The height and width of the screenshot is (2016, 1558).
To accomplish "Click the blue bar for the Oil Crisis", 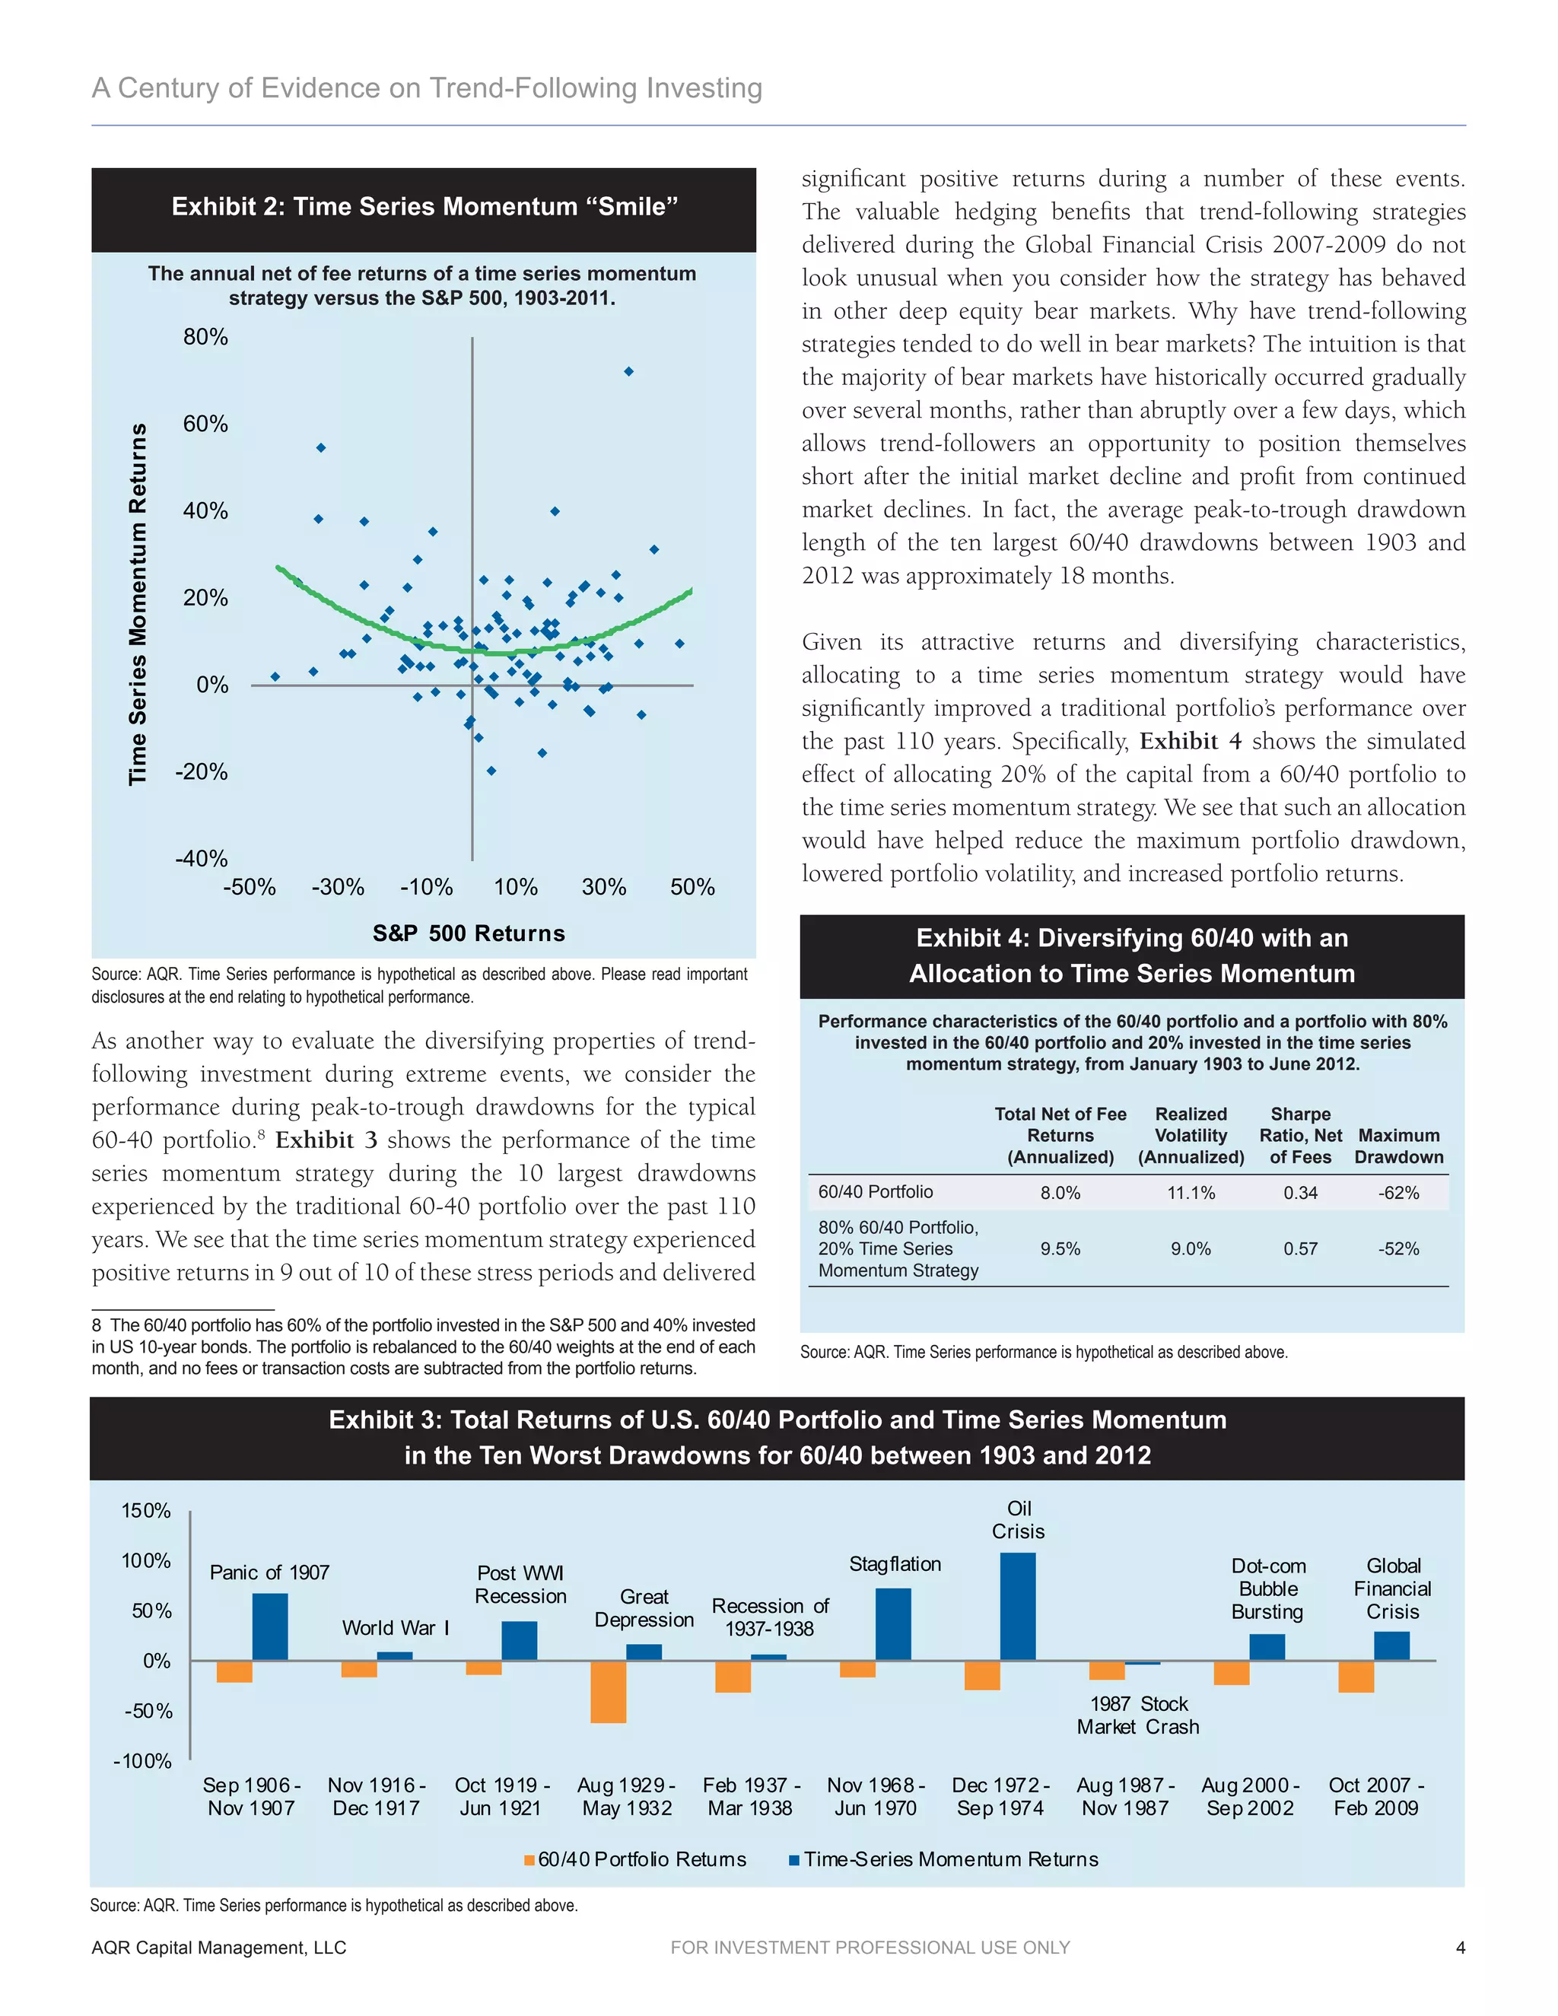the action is pyautogui.click(x=1018, y=1606).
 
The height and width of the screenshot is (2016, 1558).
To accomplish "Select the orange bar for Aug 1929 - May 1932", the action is pyautogui.click(x=609, y=1691).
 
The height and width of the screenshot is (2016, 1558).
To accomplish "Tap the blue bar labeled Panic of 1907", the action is pyautogui.click(x=269, y=1626).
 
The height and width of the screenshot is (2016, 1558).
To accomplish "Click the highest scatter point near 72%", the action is pyautogui.click(x=628, y=372).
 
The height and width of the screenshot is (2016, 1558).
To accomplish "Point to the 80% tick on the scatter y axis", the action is pyautogui.click(x=205, y=337).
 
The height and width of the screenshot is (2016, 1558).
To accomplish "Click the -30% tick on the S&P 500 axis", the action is pyautogui.click(x=338, y=887).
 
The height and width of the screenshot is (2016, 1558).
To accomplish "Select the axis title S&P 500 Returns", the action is pyautogui.click(x=469, y=933).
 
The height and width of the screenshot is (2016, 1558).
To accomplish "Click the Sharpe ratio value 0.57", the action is pyautogui.click(x=1300, y=1249).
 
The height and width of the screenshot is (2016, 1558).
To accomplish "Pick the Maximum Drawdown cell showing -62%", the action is pyautogui.click(x=1398, y=1193).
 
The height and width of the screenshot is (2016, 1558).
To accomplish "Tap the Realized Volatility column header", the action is pyautogui.click(x=1191, y=1135).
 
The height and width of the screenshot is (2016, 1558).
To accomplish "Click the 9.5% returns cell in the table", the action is pyautogui.click(x=1060, y=1249).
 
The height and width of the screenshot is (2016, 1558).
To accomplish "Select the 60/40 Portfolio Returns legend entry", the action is pyautogui.click(x=636, y=1859).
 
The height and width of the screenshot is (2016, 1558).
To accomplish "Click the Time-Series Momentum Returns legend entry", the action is pyautogui.click(x=943, y=1859).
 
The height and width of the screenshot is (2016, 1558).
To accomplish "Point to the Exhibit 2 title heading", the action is pyautogui.click(x=424, y=206).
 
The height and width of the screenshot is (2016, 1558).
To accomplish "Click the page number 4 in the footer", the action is pyautogui.click(x=1460, y=1948).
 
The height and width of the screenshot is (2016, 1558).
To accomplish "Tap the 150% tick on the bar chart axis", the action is pyautogui.click(x=146, y=1511).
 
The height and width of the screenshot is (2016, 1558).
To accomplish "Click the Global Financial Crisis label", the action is pyautogui.click(x=1393, y=1588).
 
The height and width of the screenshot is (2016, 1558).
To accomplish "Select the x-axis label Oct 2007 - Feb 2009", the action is pyautogui.click(x=1376, y=1796).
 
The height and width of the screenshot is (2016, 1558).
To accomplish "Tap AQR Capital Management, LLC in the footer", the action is pyautogui.click(x=219, y=1948).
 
